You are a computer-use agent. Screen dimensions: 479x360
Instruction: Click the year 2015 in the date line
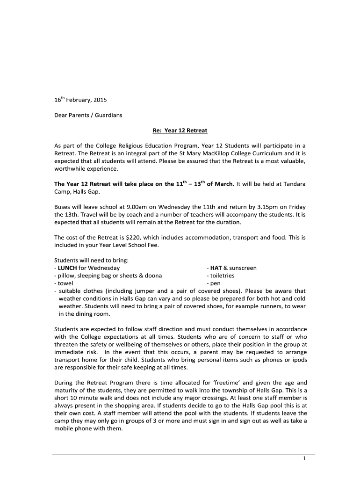(100, 100)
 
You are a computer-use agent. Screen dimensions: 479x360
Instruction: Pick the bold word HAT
(216, 268)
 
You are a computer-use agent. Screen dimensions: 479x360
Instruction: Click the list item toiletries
(222, 276)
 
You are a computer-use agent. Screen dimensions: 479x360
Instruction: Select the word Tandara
(294, 184)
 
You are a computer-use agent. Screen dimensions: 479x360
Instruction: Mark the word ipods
(297, 360)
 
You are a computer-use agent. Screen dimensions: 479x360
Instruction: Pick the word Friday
(295, 207)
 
